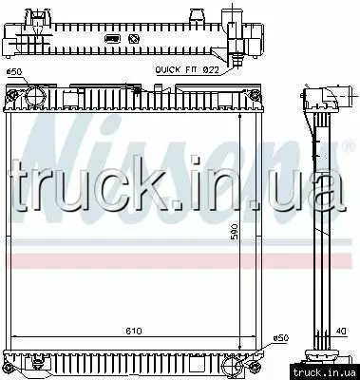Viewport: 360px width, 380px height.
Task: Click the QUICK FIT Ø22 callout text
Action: click(187, 70)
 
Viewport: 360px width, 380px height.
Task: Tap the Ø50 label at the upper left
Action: click(14, 72)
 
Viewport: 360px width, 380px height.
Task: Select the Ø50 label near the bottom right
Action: click(280, 338)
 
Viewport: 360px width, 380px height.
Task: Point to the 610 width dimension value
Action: click(133, 332)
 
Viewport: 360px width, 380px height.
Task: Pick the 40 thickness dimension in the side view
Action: click(341, 332)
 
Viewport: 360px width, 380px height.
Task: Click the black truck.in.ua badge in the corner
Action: click(325, 372)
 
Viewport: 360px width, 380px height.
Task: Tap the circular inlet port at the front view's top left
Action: click(36, 95)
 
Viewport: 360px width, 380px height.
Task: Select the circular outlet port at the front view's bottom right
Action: click(233, 367)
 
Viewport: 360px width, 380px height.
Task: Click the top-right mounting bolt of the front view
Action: click(255, 94)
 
